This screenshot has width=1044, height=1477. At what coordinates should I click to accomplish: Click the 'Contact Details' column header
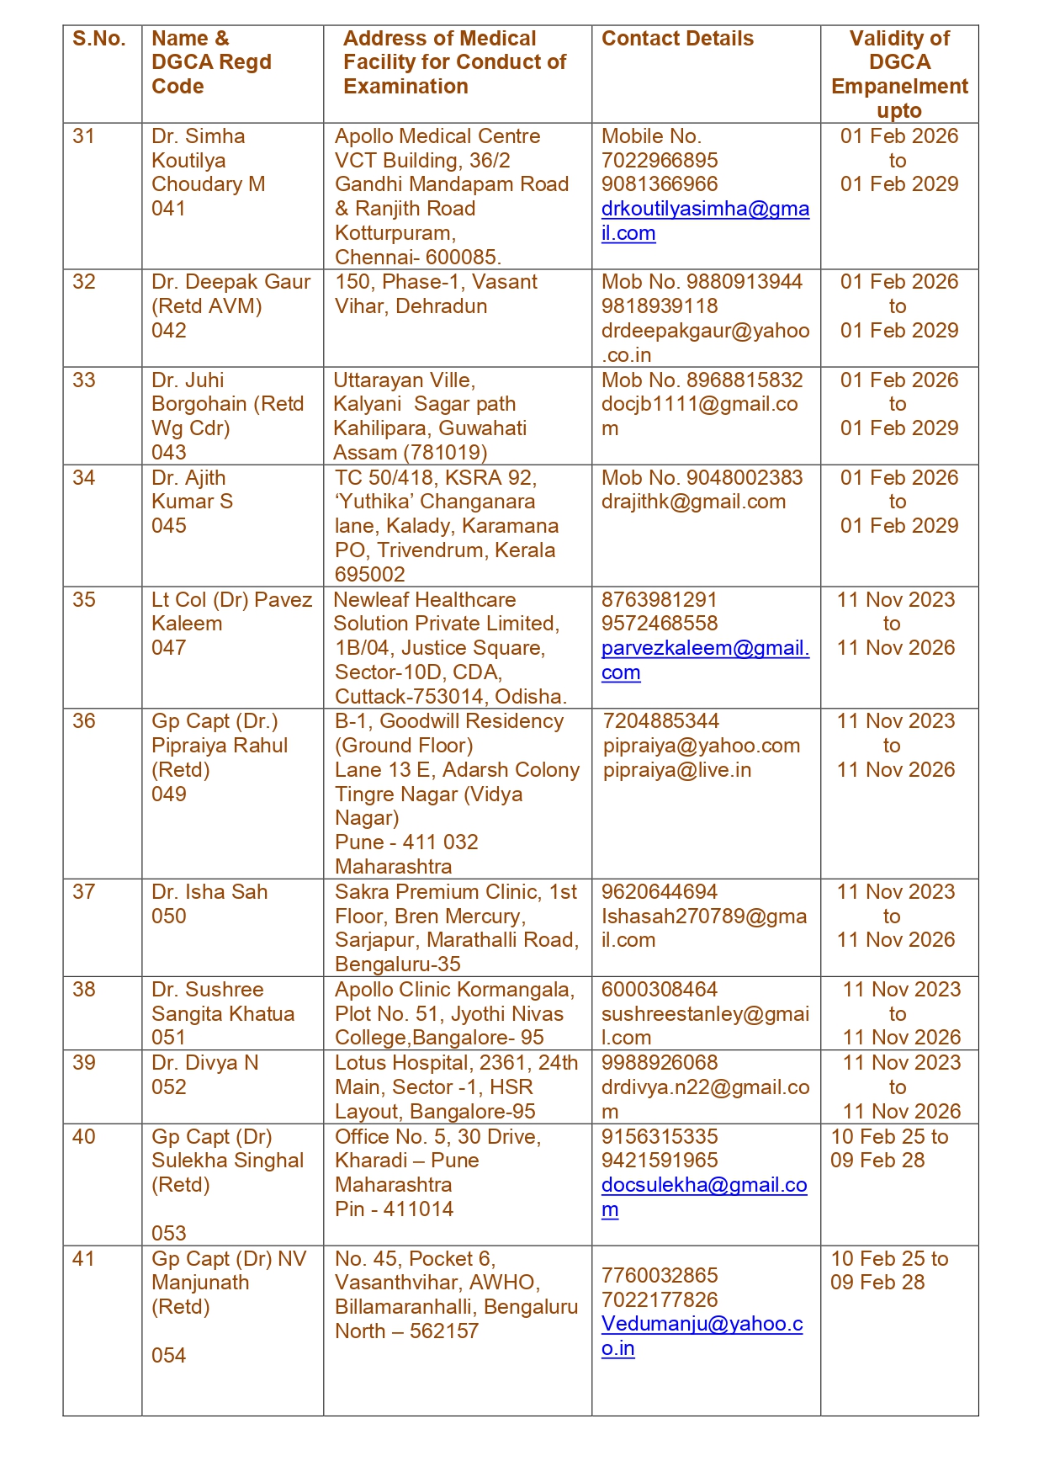(677, 39)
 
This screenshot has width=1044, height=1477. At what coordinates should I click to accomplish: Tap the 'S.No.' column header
(99, 39)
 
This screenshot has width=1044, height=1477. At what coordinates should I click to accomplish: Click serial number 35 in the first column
(84, 600)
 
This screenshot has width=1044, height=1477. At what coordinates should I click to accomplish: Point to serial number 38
(84, 990)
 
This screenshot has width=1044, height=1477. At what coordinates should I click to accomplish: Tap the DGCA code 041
(169, 209)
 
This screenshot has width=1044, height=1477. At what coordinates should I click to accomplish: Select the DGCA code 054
(169, 1356)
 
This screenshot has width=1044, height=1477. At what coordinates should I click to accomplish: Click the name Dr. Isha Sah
(209, 892)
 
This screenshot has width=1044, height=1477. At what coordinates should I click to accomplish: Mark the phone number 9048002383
(745, 478)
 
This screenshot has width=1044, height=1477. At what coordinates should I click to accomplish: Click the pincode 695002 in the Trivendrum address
(370, 575)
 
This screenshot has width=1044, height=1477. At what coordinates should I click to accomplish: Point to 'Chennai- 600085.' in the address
(418, 258)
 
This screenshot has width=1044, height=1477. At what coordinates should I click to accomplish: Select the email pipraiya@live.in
(677, 770)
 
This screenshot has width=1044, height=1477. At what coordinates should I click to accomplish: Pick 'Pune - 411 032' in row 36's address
(406, 842)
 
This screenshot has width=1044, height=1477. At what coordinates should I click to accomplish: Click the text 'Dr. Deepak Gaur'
(231, 282)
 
